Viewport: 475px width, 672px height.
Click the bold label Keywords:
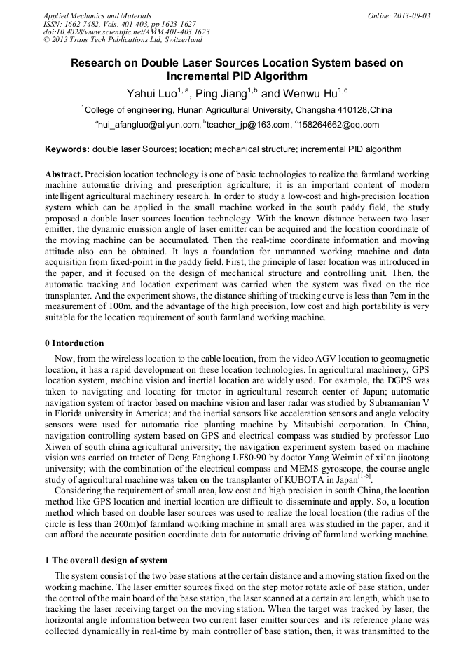(67, 149)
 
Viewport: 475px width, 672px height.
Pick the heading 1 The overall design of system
(106, 560)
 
